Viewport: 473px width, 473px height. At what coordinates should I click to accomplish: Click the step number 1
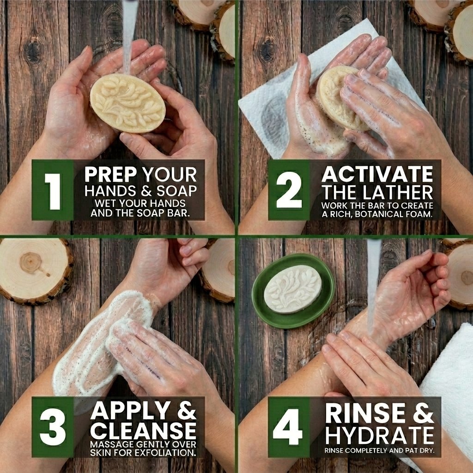pos(53,191)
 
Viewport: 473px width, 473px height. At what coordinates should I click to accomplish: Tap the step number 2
pos(289,190)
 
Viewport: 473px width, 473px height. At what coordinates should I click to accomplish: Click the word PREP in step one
pos(110,174)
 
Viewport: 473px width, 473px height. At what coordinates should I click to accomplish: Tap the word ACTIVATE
pos(377,174)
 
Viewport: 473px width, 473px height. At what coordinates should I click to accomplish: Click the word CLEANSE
pos(143,431)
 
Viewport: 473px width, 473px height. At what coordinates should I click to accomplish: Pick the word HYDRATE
pos(380,435)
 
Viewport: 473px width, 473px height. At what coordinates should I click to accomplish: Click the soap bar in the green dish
pos(292,289)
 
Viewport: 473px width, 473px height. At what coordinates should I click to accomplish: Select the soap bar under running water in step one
pos(127,103)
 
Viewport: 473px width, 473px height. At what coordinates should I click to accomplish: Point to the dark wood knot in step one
pos(34,51)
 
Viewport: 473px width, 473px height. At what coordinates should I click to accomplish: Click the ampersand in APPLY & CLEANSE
pos(187,411)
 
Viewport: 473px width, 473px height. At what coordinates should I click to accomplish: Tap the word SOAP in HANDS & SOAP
pos(176,191)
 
